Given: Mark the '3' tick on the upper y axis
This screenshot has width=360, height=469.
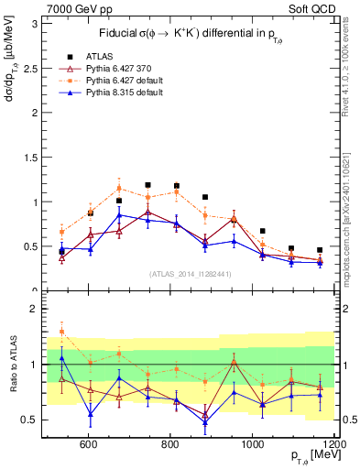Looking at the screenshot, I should (x=36, y=24).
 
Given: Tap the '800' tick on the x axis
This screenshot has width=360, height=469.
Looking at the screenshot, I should (x=171, y=444).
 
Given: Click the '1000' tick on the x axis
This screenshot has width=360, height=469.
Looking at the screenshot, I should (x=253, y=444).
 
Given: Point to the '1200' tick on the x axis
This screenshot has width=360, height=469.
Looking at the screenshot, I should (x=333, y=444).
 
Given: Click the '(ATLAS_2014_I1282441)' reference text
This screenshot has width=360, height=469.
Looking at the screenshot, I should (x=191, y=272).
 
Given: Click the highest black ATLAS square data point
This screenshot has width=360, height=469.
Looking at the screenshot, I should (x=148, y=185).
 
